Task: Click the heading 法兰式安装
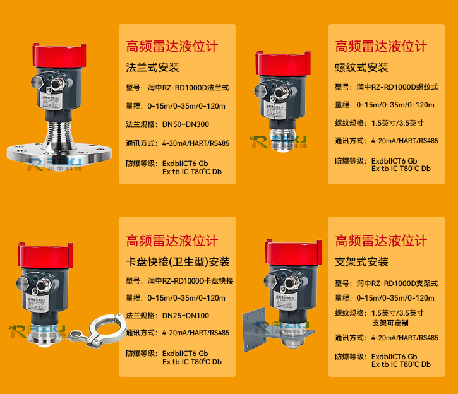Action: (153, 68)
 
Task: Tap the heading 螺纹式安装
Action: (361, 68)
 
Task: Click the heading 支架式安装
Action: (361, 261)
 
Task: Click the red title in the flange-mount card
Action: (172, 46)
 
